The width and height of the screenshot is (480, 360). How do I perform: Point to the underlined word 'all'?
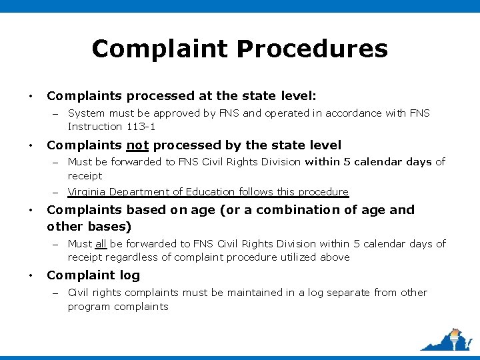click(101, 244)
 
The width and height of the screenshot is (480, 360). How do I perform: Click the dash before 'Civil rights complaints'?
click(57, 293)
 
